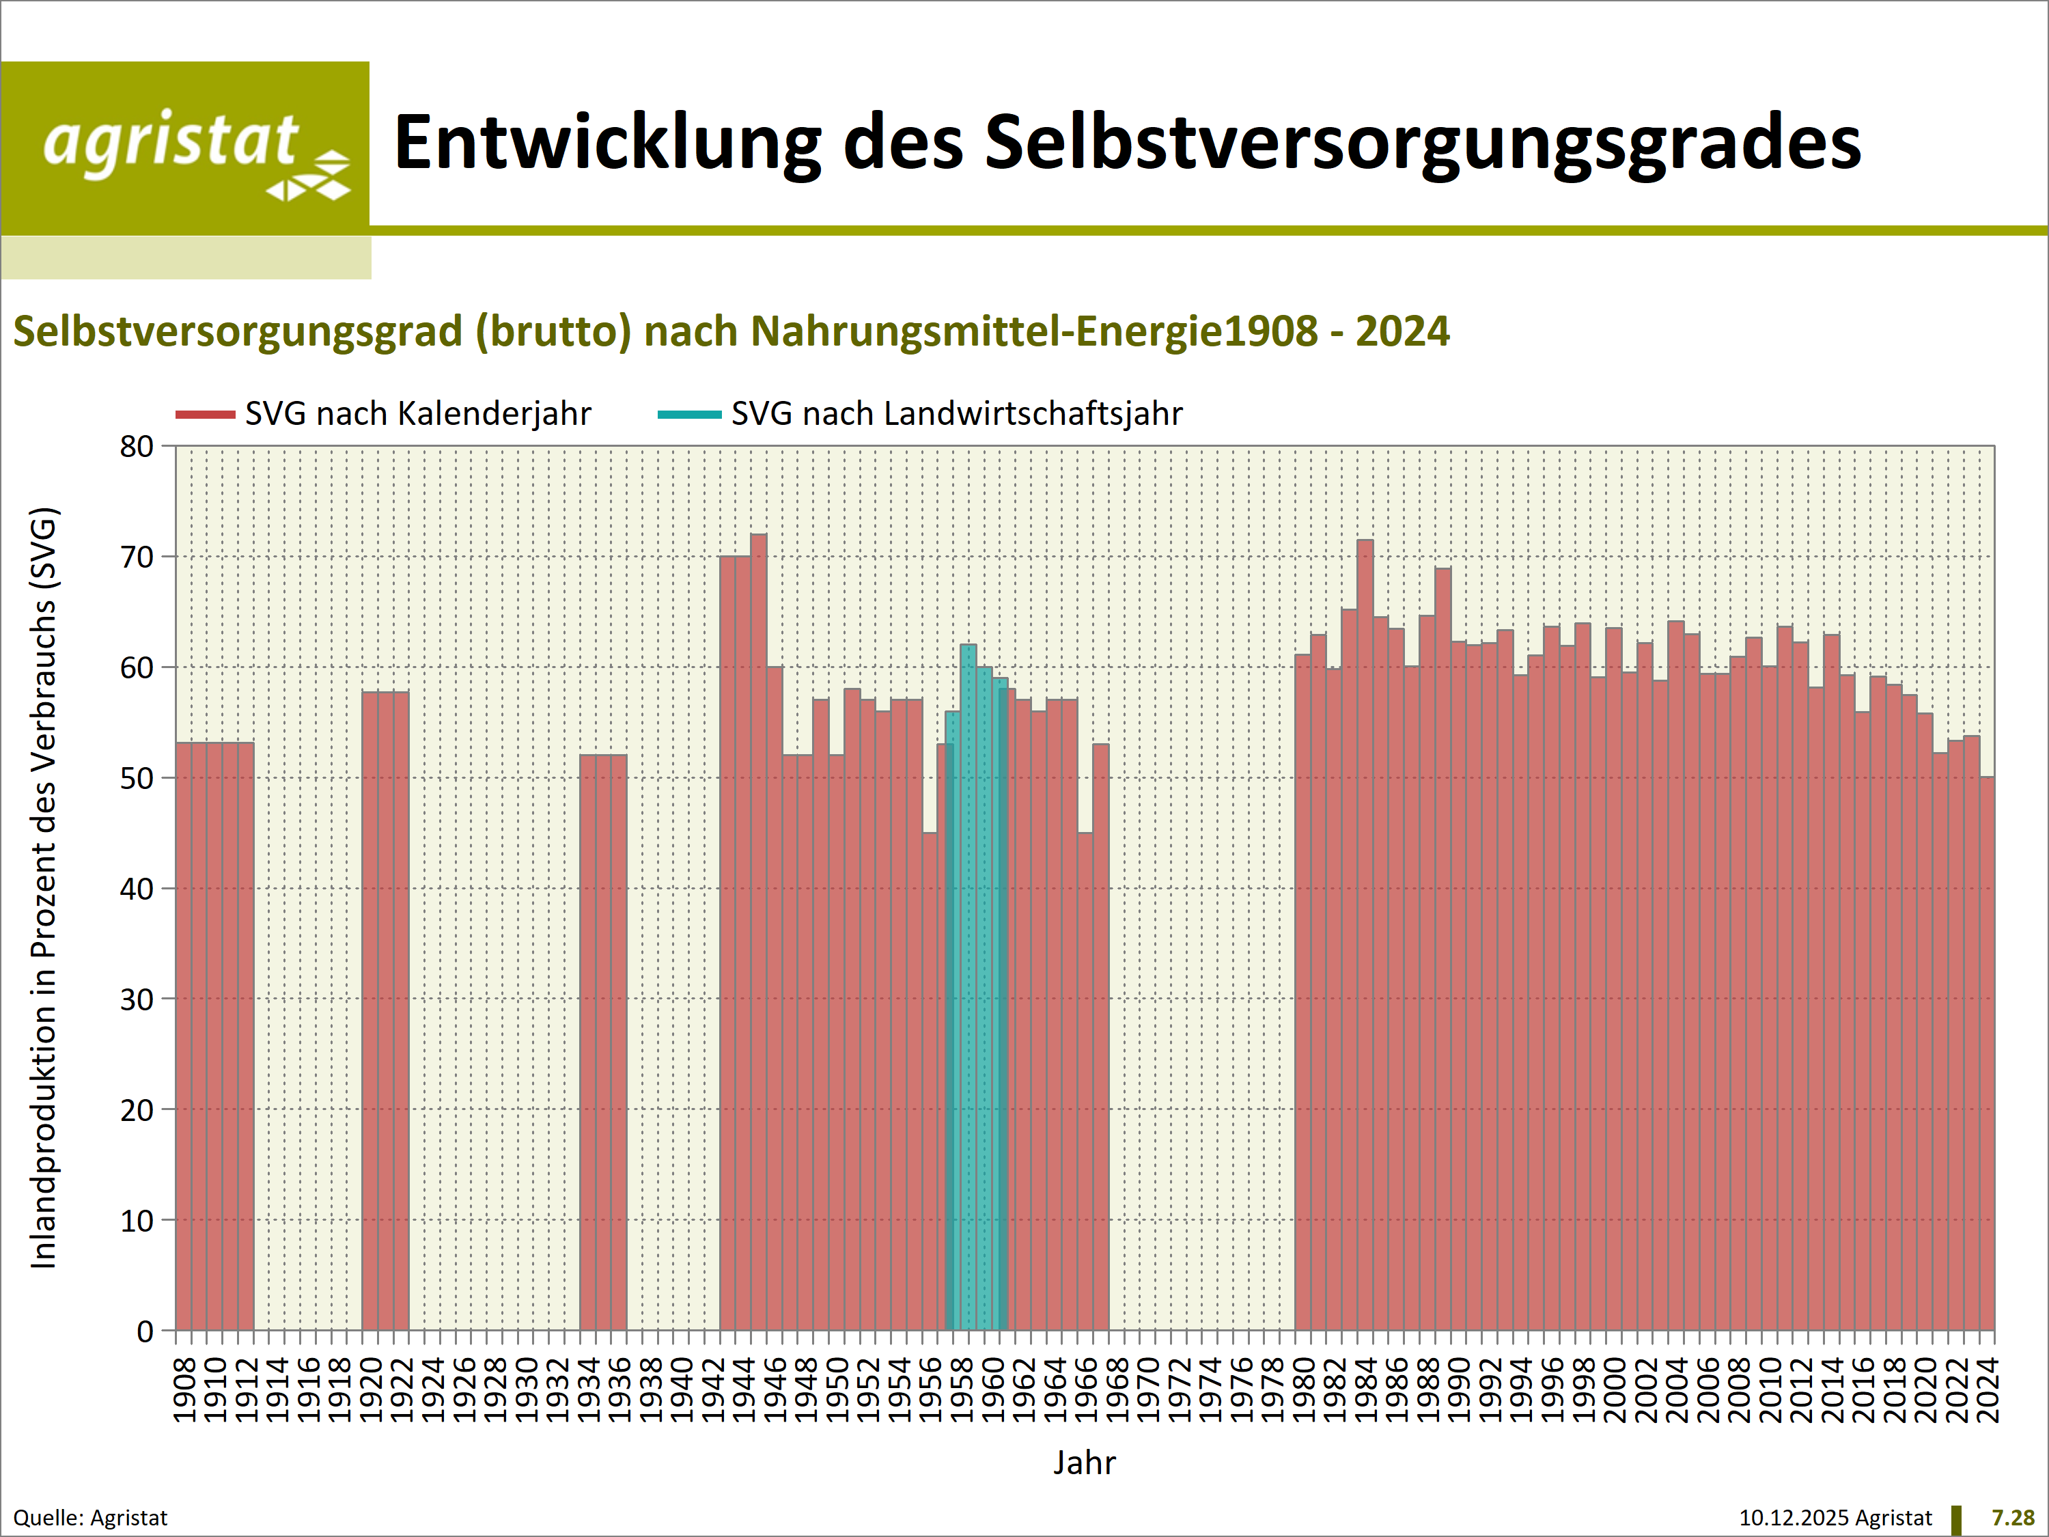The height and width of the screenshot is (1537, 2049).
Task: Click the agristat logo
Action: [185, 148]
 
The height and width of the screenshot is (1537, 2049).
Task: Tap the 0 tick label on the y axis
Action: [145, 1331]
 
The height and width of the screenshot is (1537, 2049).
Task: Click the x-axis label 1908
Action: [185, 1389]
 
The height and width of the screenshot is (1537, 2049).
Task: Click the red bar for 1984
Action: [1365, 926]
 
